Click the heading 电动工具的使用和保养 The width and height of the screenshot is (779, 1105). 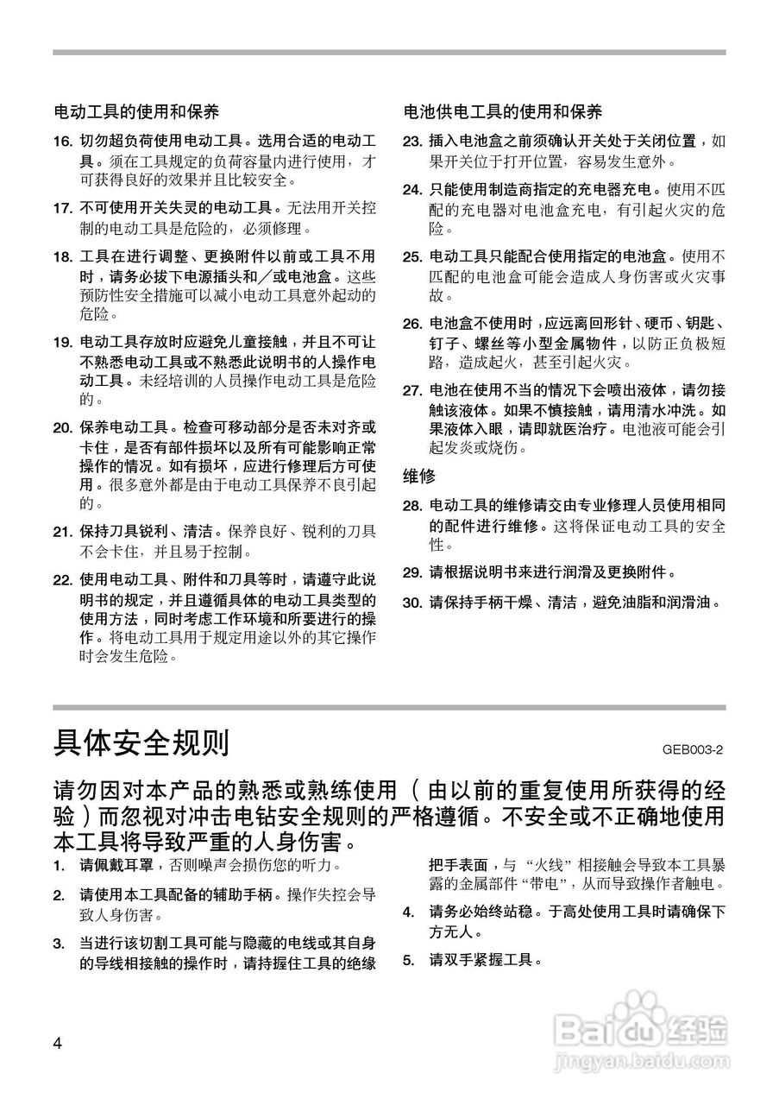click(x=136, y=112)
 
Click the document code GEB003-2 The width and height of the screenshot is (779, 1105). click(x=693, y=748)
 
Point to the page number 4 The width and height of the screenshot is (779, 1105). click(x=58, y=1043)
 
